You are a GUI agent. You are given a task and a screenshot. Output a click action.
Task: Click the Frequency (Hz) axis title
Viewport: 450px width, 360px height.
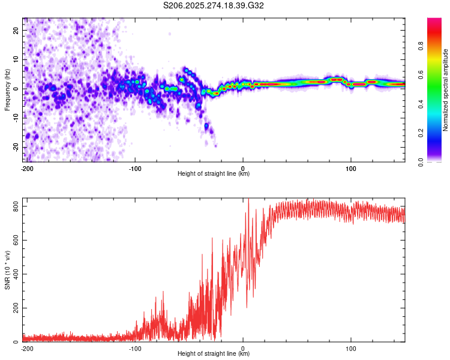click(7, 89)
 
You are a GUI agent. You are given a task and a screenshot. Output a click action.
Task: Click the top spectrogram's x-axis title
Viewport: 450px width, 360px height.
click(214, 173)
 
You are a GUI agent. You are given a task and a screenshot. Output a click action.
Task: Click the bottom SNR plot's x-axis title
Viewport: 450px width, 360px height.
click(214, 353)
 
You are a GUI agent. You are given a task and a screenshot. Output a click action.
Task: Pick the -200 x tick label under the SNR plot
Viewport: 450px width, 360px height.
click(26, 348)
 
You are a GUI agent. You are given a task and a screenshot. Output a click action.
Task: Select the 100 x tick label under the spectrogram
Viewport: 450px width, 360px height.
click(351, 168)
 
